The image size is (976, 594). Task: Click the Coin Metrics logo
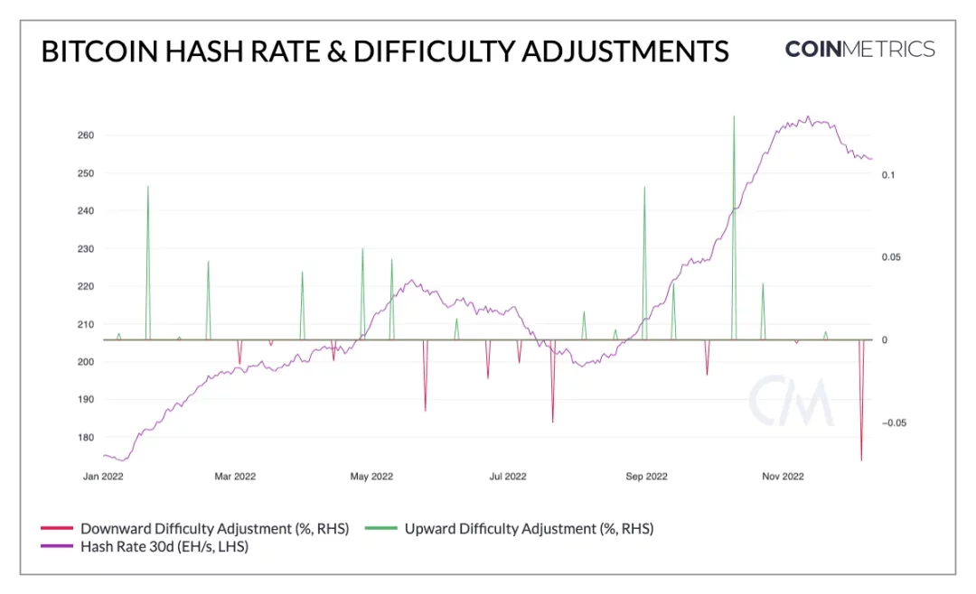pos(859,49)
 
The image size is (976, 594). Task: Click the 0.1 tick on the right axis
pos(888,174)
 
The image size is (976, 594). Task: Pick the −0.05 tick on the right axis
pos(895,422)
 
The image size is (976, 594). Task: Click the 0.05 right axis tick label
pos(892,257)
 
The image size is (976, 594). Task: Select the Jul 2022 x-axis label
pos(508,476)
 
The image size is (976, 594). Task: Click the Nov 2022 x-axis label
pos(783,476)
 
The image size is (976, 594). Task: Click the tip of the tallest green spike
pos(734,116)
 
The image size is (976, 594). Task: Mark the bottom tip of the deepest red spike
pos(861,460)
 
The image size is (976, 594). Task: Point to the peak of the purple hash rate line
pos(807,116)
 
